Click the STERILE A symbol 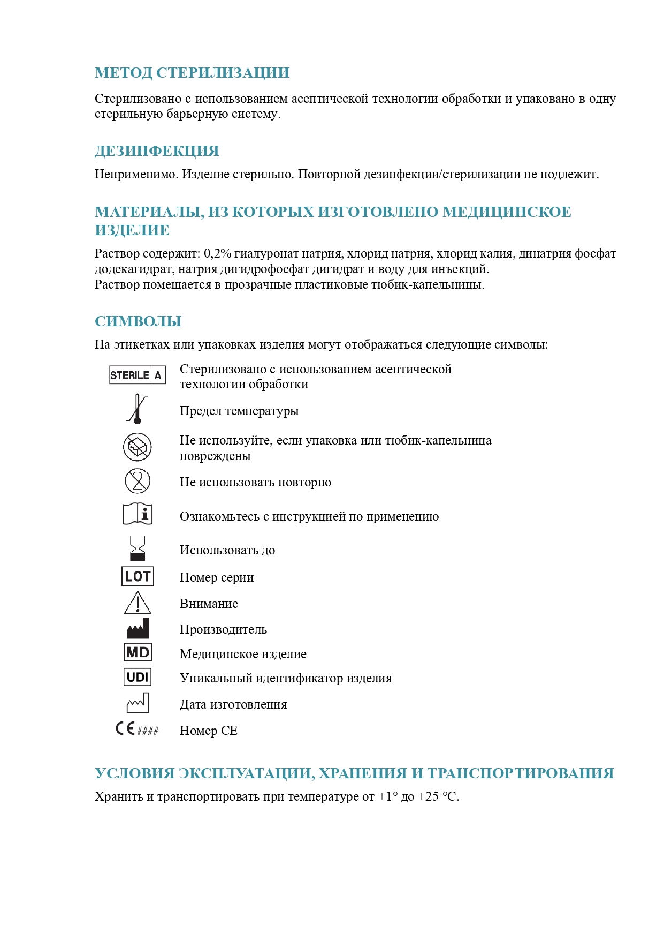pos(138,375)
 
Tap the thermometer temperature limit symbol pos(138,409)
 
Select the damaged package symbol pos(138,447)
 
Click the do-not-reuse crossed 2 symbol pos(138,481)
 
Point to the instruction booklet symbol pos(138,514)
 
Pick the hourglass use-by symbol pos(138,548)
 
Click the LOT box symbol pos(138,576)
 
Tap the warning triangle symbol pos(138,603)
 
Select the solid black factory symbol pos(138,628)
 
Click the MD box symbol pos(138,652)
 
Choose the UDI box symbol pos(138,677)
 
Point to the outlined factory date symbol pos(138,703)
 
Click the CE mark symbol pos(126,729)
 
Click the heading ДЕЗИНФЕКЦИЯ pos(157,151)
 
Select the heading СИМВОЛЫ pos(138,321)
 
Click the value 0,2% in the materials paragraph pos(217,253)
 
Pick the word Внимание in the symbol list pos(209,604)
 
